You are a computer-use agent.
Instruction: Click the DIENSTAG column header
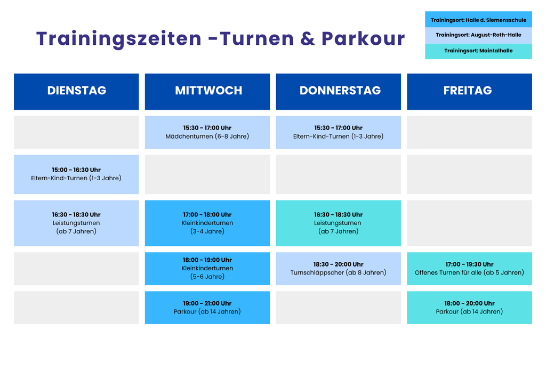pos(76,92)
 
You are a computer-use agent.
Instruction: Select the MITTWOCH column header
pos(207,92)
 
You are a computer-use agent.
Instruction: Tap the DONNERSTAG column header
pos(339,92)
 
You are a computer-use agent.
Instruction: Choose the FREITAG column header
pos(469,92)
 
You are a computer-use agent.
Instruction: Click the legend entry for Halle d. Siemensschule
pos(478,20)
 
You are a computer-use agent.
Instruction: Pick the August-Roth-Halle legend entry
pos(478,35)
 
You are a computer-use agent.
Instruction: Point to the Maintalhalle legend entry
pos(478,51)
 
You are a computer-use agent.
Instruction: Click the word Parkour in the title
pos(363,38)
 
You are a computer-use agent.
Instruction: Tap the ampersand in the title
pos(308,38)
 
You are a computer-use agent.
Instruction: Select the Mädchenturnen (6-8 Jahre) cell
pos(207,132)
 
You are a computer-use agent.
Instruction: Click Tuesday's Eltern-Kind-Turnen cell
pos(76,174)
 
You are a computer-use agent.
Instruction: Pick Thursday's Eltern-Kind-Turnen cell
pos(339,132)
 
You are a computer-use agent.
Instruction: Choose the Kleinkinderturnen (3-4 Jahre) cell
pos(207,223)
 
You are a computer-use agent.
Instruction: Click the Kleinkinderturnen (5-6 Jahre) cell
pos(207,269)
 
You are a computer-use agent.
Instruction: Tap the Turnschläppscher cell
pos(339,269)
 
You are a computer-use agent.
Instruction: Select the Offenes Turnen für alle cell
pos(469,269)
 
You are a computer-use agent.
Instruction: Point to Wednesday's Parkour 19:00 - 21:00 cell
pos(207,308)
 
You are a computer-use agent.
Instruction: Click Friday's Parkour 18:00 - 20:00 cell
pos(469,308)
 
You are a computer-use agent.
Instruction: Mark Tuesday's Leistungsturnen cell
pos(76,223)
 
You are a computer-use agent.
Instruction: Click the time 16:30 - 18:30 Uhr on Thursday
pos(339,215)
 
